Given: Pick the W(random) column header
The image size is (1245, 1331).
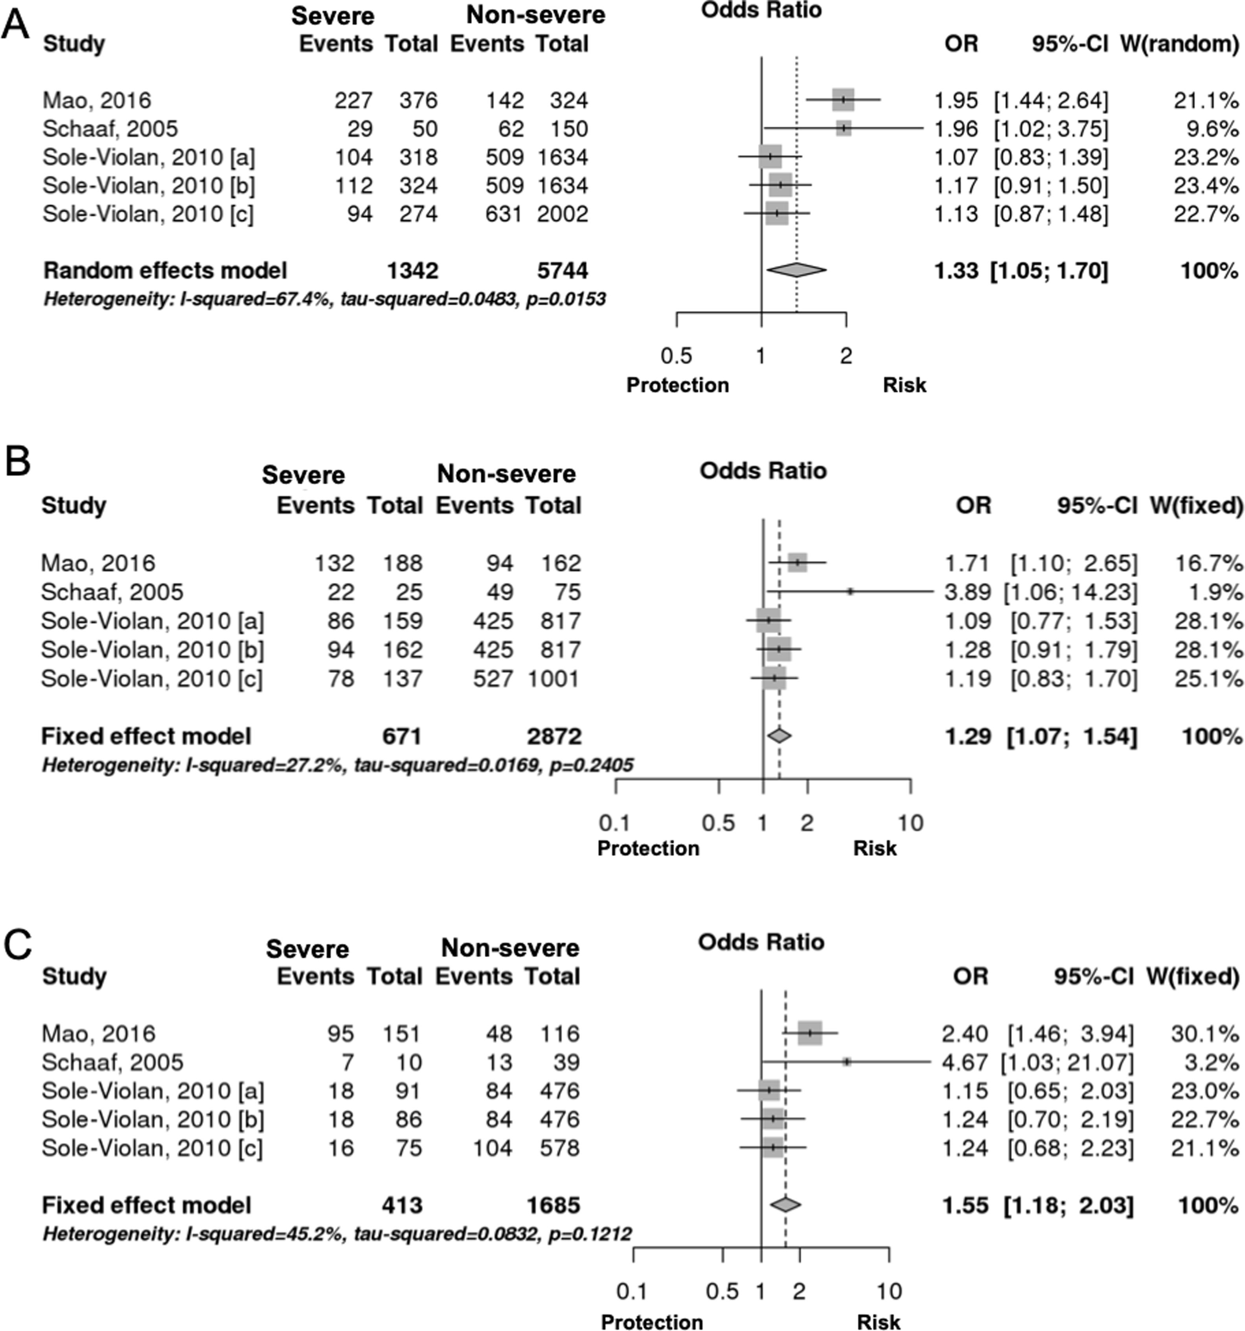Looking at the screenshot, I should point(1179,44).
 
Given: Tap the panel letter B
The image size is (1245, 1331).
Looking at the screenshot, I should point(17,462).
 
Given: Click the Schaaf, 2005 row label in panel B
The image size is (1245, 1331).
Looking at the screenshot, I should point(112,592).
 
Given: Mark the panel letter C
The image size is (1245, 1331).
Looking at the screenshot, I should point(17,945).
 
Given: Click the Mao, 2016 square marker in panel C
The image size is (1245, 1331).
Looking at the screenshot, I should point(810,1033).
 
